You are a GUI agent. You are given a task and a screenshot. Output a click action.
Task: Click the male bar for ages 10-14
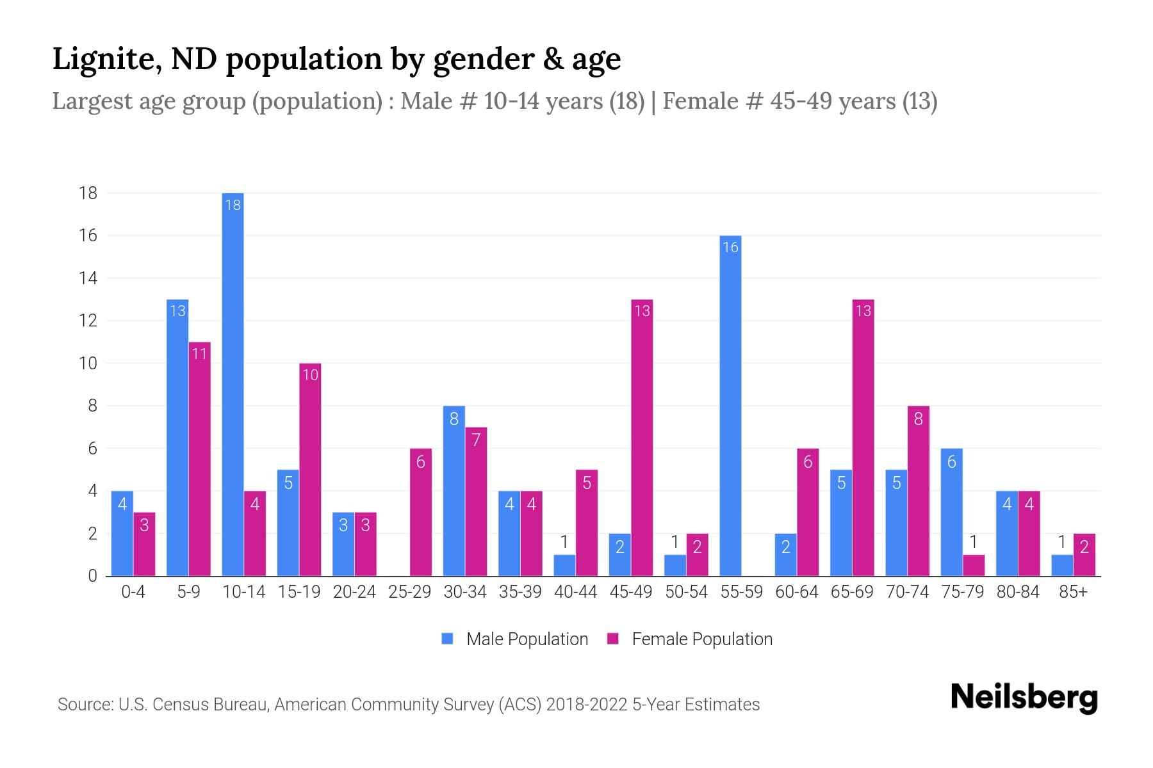click(x=233, y=384)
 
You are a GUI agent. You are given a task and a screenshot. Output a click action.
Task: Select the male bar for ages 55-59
click(x=730, y=406)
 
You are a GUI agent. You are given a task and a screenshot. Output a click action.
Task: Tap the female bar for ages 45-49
click(x=642, y=438)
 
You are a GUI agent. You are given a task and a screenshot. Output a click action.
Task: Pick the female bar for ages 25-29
click(x=421, y=512)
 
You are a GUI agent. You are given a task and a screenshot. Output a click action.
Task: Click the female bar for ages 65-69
click(x=863, y=438)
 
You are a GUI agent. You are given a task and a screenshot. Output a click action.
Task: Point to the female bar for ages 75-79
click(x=973, y=565)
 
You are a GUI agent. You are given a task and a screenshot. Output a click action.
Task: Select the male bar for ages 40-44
click(x=564, y=565)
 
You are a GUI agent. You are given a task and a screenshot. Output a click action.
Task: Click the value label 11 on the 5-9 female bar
click(x=199, y=353)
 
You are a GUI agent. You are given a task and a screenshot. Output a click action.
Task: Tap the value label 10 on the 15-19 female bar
click(x=310, y=374)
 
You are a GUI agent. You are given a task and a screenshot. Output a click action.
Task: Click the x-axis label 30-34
click(x=465, y=592)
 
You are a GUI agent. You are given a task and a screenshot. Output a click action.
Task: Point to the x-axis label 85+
click(x=1073, y=592)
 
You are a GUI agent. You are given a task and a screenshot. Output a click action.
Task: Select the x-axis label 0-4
click(x=133, y=592)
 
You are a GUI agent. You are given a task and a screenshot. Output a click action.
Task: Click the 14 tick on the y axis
click(x=88, y=278)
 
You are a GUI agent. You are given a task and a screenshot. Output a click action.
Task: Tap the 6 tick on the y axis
click(x=92, y=449)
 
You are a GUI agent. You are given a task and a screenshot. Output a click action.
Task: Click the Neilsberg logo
click(x=1024, y=698)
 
